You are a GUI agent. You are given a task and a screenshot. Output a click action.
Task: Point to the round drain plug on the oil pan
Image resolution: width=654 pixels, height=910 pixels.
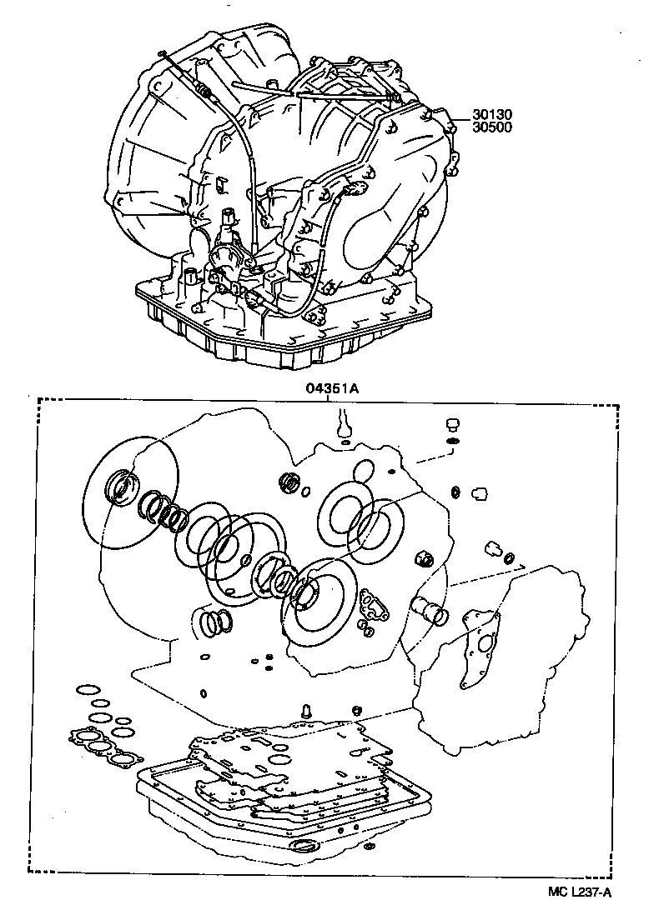click(x=304, y=846)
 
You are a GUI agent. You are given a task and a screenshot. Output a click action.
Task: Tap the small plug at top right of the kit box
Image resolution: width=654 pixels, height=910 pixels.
click(x=453, y=423)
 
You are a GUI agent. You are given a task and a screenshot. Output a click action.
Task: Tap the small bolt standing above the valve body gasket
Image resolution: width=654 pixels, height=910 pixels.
click(x=306, y=709)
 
